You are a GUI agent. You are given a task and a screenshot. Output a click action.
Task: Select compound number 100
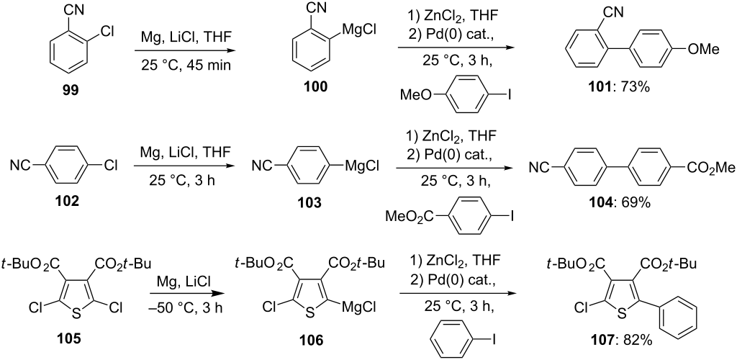click(316, 86)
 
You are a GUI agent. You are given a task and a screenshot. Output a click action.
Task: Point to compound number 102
click(66, 202)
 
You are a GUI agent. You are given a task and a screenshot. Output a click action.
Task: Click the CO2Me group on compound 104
click(706, 166)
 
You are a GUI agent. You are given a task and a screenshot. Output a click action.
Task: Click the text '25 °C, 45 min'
click(186, 64)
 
